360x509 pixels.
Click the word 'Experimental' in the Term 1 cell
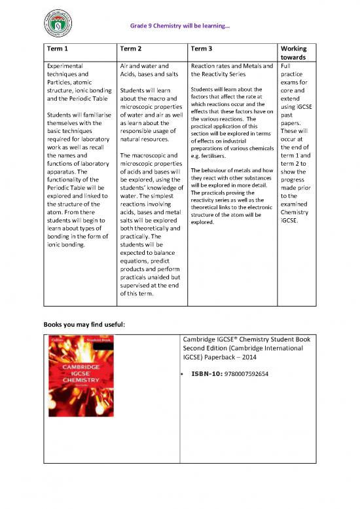65,66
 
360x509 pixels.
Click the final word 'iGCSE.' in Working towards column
289,221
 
